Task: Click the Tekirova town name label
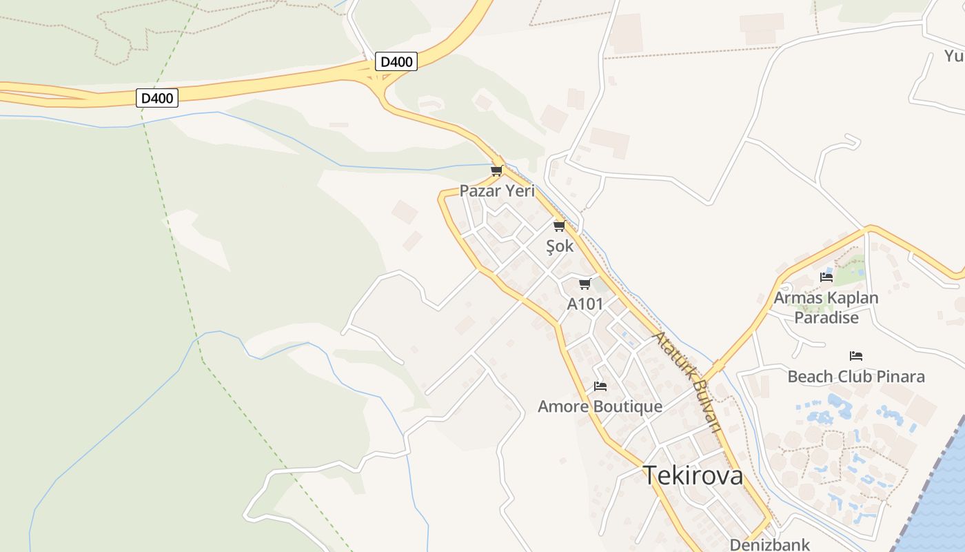pos(693,475)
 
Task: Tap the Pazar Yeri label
pos(497,191)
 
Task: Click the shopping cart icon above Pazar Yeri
pos(496,170)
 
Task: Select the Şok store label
pos(559,246)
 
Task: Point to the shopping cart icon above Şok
pos(559,226)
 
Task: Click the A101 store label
pos(585,304)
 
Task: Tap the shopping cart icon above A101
pos(585,284)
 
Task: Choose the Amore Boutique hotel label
pos(600,406)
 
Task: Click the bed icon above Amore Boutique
pos(600,386)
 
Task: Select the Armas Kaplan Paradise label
pos(826,298)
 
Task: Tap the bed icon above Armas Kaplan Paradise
pos(826,277)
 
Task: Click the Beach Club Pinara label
pos(856,377)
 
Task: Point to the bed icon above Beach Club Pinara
pos(856,356)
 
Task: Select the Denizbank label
pos(769,544)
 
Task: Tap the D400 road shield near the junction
pos(396,62)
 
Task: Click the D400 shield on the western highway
pos(157,98)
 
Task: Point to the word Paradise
pos(826,317)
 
